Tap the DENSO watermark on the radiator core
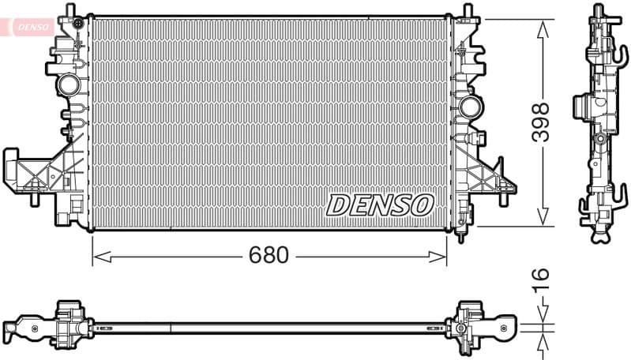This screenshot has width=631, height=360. coord(380,205)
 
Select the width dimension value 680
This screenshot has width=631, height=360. coord(269,255)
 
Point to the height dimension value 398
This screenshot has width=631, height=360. coord(540,122)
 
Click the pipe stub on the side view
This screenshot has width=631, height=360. coord(581,106)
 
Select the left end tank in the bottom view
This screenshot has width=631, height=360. coord(63,323)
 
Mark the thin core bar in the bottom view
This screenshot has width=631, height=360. coord(269,325)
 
